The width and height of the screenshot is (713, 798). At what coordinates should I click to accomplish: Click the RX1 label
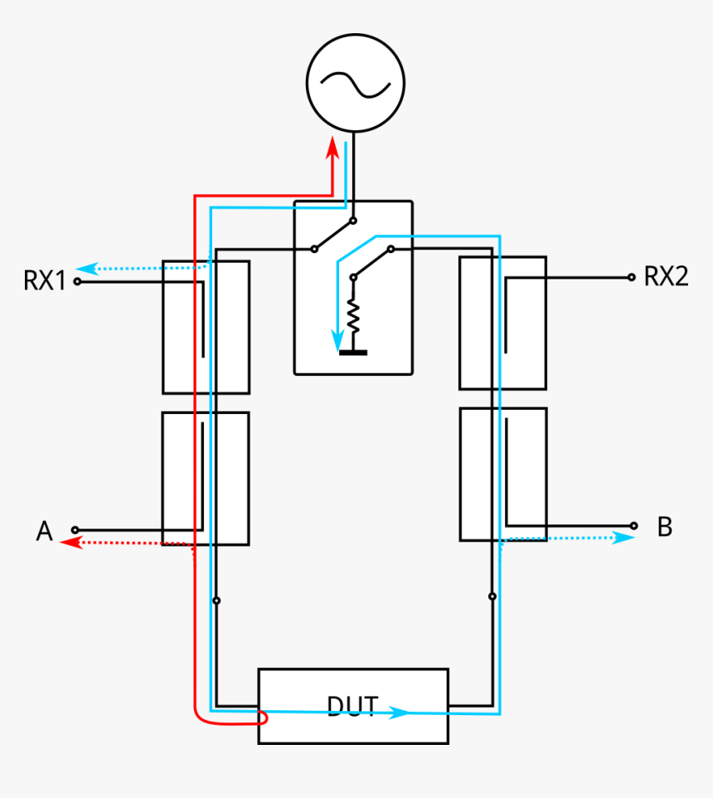[44, 281]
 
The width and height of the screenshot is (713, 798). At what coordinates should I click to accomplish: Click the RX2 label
[666, 277]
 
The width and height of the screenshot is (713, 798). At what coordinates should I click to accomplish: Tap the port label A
[44, 531]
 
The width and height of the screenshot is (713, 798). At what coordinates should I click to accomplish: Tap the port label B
[664, 527]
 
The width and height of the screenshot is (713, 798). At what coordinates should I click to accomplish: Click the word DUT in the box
[352, 706]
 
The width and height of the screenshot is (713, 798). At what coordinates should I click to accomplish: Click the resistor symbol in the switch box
[353, 313]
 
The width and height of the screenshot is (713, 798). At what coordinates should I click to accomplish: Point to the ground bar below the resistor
[353, 352]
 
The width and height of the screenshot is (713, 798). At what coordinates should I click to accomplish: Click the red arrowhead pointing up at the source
[332, 148]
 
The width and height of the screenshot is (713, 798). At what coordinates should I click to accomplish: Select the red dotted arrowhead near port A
[70, 543]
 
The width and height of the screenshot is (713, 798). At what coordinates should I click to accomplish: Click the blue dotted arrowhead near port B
[627, 537]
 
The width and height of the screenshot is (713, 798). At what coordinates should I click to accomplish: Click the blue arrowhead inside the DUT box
[401, 712]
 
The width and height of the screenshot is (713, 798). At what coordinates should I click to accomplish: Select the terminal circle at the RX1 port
[77, 281]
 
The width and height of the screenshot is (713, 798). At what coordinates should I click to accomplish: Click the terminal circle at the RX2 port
[632, 277]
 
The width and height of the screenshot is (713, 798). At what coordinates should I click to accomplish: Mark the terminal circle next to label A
[75, 529]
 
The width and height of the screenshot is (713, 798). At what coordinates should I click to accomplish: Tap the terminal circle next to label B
[634, 525]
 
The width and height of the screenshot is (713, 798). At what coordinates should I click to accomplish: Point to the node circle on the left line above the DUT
[216, 600]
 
